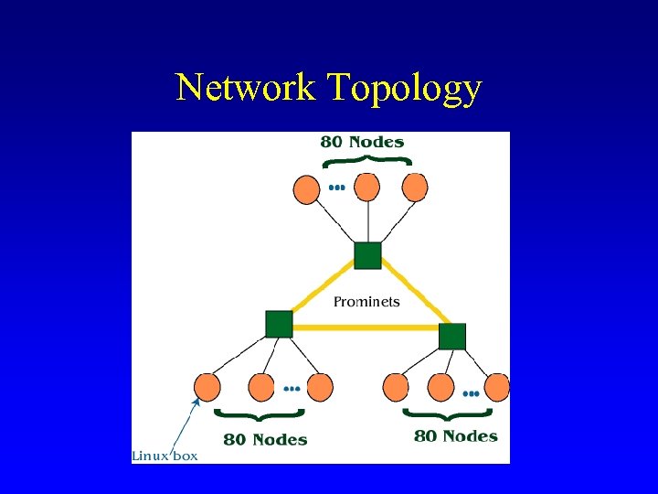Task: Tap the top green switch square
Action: (x=367, y=255)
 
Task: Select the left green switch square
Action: (x=279, y=324)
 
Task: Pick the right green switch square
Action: (x=452, y=336)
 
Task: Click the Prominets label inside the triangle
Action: (x=366, y=302)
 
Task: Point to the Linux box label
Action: (x=164, y=455)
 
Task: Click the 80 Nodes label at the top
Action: (x=362, y=142)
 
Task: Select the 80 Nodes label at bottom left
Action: (x=265, y=440)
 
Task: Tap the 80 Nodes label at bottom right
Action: (x=456, y=436)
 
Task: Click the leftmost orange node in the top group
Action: (x=307, y=189)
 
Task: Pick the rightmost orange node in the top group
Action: (x=415, y=188)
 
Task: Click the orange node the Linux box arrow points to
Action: (x=207, y=387)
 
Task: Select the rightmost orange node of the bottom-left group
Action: (x=320, y=387)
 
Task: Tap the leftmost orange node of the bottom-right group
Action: (x=397, y=387)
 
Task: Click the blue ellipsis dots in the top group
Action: (x=337, y=188)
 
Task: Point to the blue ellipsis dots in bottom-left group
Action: (x=292, y=388)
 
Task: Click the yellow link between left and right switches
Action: (x=366, y=326)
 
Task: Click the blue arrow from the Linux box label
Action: (x=186, y=423)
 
